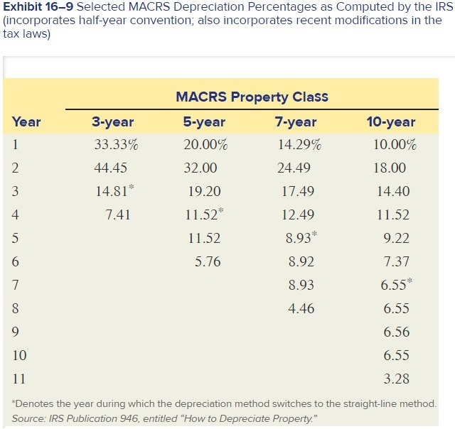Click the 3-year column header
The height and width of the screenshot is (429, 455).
click(x=113, y=121)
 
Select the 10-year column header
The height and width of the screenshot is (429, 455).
click(x=390, y=121)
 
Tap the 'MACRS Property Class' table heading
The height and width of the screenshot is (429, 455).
click(x=252, y=97)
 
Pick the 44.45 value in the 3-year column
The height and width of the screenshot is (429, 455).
click(x=110, y=168)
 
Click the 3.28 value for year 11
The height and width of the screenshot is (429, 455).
click(x=396, y=379)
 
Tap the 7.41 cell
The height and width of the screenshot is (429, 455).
click(x=117, y=215)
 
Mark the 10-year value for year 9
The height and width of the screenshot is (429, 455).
click(x=396, y=332)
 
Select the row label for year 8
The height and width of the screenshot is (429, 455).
click(x=16, y=308)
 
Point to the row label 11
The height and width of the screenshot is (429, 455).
click(x=19, y=379)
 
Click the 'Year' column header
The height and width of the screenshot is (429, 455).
click(x=26, y=121)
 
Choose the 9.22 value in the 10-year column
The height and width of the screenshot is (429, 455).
click(x=396, y=239)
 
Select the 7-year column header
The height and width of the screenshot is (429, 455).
click(x=295, y=121)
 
